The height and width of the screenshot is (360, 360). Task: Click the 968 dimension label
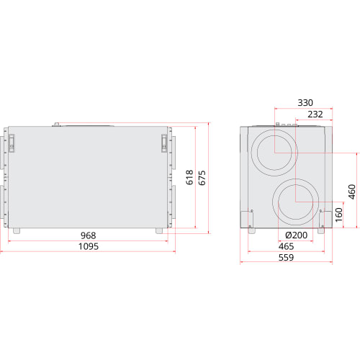pos(89,235)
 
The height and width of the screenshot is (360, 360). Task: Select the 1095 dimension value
pos(89,246)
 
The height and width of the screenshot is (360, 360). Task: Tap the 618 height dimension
pos(189,177)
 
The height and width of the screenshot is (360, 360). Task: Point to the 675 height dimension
pos(202,178)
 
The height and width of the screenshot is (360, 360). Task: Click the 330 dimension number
pos(305,103)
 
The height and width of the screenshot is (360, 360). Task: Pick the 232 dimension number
pos(315,114)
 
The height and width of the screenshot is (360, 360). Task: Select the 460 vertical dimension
pos(352,192)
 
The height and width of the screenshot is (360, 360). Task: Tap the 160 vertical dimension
pos(338,215)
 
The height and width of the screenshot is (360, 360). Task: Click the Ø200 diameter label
pos(297,235)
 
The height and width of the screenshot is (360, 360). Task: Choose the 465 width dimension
pos(286,246)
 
